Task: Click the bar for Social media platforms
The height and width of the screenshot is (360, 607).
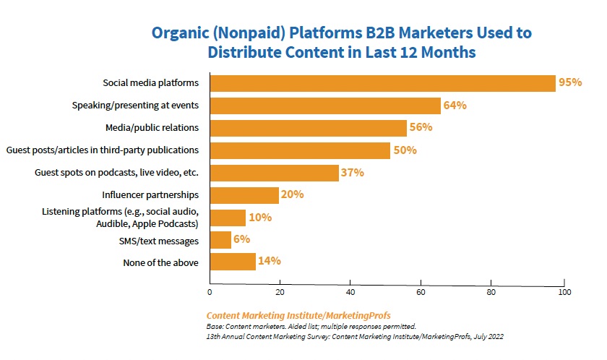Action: (x=382, y=83)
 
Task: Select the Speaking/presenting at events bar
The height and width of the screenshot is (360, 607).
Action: (x=324, y=106)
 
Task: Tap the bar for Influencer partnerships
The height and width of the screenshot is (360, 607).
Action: (x=244, y=195)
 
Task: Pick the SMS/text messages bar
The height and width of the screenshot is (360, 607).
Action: (x=220, y=240)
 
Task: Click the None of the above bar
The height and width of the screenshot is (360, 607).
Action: (x=232, y=262)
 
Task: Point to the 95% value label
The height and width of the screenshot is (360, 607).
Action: (x=570, y=82)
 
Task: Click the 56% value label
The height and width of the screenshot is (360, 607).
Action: (x=421, y=127)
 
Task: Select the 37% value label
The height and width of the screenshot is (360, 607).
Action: (x=353, y=173)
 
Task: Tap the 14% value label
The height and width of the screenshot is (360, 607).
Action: (x=269, y=261)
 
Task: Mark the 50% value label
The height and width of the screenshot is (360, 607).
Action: (x=403, y=150)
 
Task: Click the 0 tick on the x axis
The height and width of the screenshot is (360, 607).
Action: (x=210, y=293)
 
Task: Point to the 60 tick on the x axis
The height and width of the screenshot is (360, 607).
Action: (x=421, y=293)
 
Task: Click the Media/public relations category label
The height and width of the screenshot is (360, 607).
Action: (x=152, y=128)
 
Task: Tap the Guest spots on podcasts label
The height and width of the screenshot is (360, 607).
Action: (x=117, y=173)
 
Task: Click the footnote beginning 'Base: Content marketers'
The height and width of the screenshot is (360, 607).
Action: (x=311, y=327)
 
